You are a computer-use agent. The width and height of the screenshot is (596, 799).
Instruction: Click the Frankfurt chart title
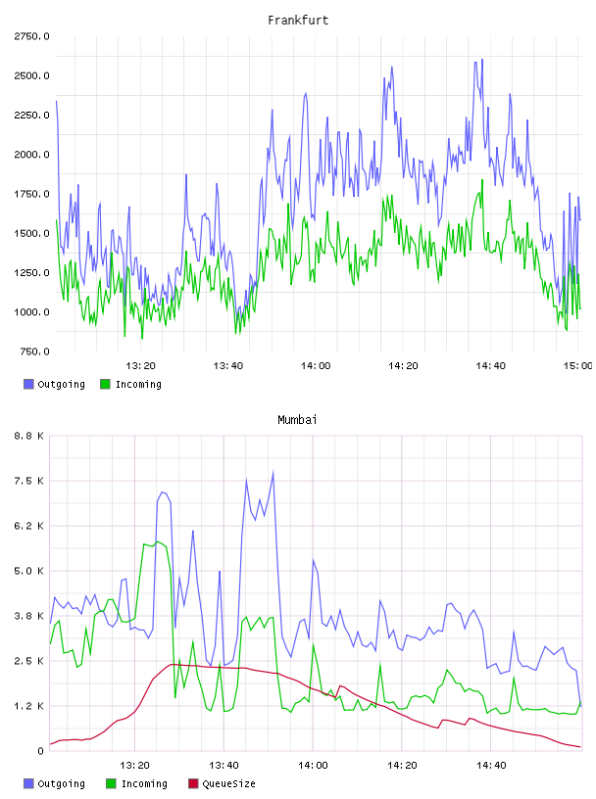[x=298, y=21]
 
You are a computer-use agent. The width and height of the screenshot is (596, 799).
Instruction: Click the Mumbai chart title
[x=297, y=420]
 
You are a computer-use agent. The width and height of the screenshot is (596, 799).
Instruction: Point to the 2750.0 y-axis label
[x=31, y=36]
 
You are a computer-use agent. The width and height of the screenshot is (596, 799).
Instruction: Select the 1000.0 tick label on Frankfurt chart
[x=31, y=311]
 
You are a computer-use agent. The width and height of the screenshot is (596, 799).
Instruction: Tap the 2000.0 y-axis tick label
[x=31, y=155]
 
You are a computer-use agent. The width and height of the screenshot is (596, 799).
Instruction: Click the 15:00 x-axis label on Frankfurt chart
[x=578, y=366]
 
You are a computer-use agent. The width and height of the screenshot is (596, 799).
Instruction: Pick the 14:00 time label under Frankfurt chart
[x=316, y=366]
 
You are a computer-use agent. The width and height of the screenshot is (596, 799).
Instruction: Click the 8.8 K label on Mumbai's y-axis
[x=29, y=436]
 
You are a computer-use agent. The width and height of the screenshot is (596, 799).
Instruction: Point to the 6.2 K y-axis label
[x=29, y=526]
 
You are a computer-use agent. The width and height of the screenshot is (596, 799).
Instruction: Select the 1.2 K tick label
[x=29, y=706]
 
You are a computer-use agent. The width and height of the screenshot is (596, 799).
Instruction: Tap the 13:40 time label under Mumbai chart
[x=223, y=766]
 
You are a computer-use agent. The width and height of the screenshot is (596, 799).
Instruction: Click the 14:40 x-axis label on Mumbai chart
[x=491, y=766]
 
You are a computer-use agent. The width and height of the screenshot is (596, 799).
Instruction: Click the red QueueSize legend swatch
[x=193, y=783]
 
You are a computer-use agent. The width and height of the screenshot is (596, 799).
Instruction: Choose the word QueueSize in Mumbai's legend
[x=228, y=783]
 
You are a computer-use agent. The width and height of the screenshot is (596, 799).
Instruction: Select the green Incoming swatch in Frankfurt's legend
[x=105, y=384]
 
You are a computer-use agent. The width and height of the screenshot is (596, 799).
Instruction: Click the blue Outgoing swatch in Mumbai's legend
[x=28, y=783]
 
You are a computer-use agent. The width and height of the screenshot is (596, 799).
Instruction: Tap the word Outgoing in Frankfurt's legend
[x=61, y=384]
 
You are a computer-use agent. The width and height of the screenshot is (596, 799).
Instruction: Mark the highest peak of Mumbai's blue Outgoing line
[x=273, y=471]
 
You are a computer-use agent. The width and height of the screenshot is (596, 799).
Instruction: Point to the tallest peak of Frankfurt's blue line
[x=481, y=59]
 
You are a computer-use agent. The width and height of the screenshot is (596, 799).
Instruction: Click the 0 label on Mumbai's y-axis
[x=41, y=751]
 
